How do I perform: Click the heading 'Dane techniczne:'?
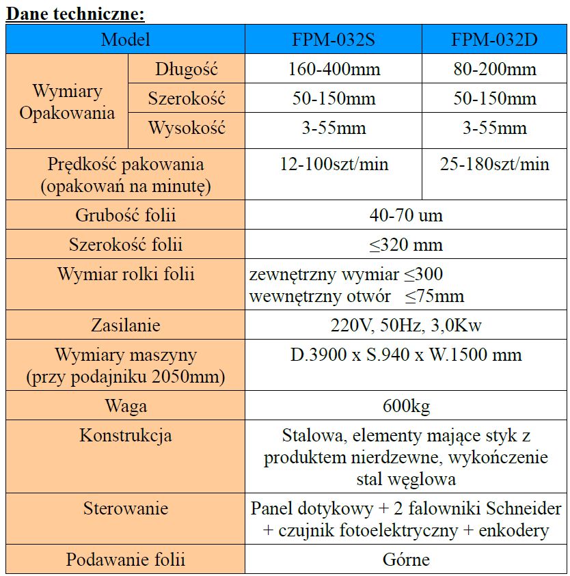75,13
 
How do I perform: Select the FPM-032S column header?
334,40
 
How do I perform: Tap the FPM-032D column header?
494,40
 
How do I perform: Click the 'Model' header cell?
125,40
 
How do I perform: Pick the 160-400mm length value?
334,69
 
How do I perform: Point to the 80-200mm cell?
494,69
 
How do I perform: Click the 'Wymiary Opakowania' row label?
67,102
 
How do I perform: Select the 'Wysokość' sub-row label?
187,128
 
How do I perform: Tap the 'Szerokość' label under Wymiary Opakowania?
187,98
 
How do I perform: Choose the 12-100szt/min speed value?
334,165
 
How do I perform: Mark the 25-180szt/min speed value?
494,165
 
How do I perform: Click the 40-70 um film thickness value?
406,216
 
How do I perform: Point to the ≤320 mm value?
406,245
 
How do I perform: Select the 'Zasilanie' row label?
125,325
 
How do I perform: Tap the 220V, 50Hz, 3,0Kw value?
406,325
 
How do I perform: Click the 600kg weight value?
406,407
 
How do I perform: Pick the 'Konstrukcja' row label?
125,435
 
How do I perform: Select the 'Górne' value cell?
406,560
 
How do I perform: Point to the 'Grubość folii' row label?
125,216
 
